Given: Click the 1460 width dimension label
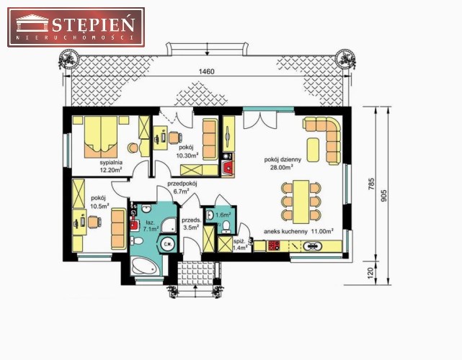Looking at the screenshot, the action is (x=207, y=71).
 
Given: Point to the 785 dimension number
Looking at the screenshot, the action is (x=371, y=184).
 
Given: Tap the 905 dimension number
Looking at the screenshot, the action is (x=383, y=195).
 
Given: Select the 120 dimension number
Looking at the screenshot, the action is (x=371, y=273).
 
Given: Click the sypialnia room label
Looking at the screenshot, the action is (x=111, y=163).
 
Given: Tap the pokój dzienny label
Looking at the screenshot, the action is (x=283, y=160).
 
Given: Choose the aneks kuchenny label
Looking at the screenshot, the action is (x=285, y=231).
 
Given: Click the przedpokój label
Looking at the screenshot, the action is (x=182, y=184).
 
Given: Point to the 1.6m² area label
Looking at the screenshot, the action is (x=223, y=215).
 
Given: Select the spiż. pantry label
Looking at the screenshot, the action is (x=238, y=241).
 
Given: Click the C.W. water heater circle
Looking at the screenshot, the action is (x=168, y=244).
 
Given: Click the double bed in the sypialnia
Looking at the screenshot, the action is (x=101, y=137).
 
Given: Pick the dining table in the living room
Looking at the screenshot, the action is (x=301, y=202).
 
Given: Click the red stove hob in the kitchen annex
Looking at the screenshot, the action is (x=273, y=246).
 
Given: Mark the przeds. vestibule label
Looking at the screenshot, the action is (x=192, y=220).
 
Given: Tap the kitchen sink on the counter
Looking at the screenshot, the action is (x=312, y=246).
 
